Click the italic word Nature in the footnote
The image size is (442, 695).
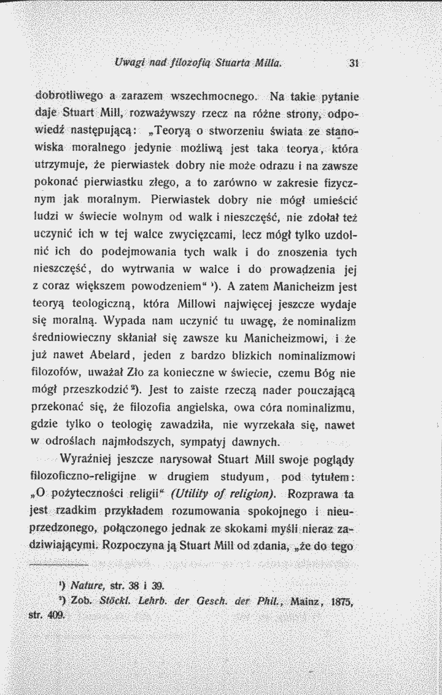(86, 583)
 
